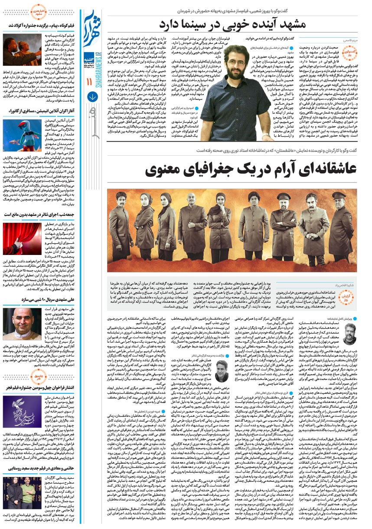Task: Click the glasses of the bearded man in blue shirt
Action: click(237, 63)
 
